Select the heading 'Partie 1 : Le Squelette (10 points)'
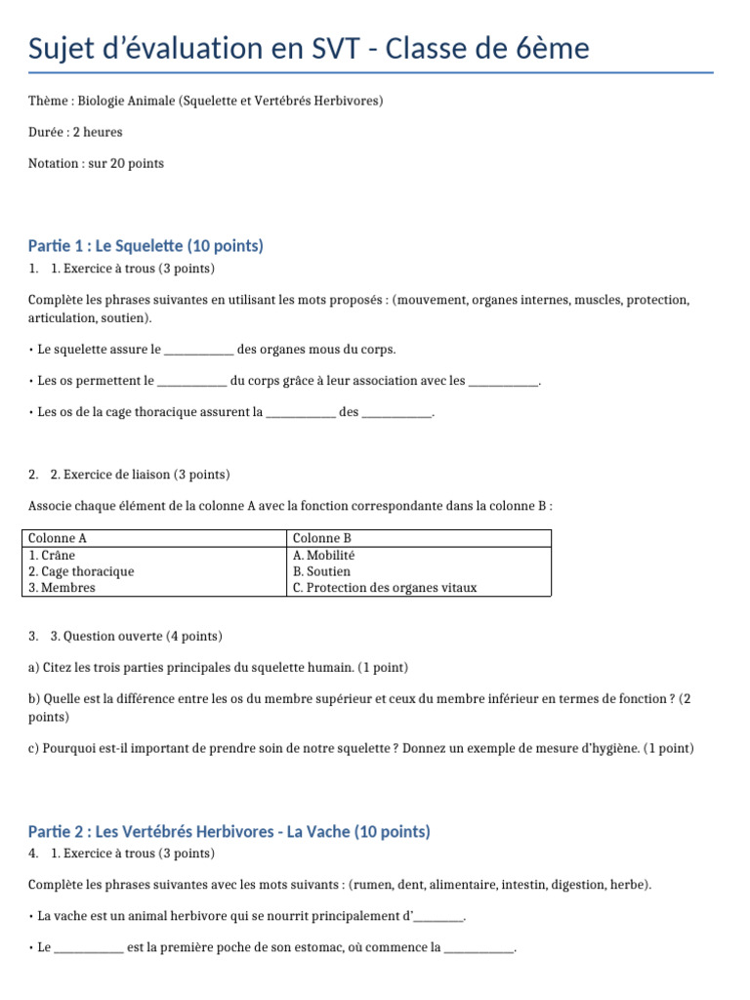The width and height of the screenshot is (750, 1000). tap(146, 246)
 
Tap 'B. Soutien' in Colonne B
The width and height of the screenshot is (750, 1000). tap(321, 571)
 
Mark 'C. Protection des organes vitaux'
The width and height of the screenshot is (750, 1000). tap(385, 588)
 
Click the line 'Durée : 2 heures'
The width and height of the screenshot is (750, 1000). tap(75, 132)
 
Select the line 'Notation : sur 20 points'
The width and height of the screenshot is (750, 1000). tap(96, 163)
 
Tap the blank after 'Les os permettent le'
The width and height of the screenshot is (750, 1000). tap(191, 381)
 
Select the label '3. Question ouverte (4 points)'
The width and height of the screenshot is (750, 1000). tap(136, 636)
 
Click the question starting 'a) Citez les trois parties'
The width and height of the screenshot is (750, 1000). tap(218, 667)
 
